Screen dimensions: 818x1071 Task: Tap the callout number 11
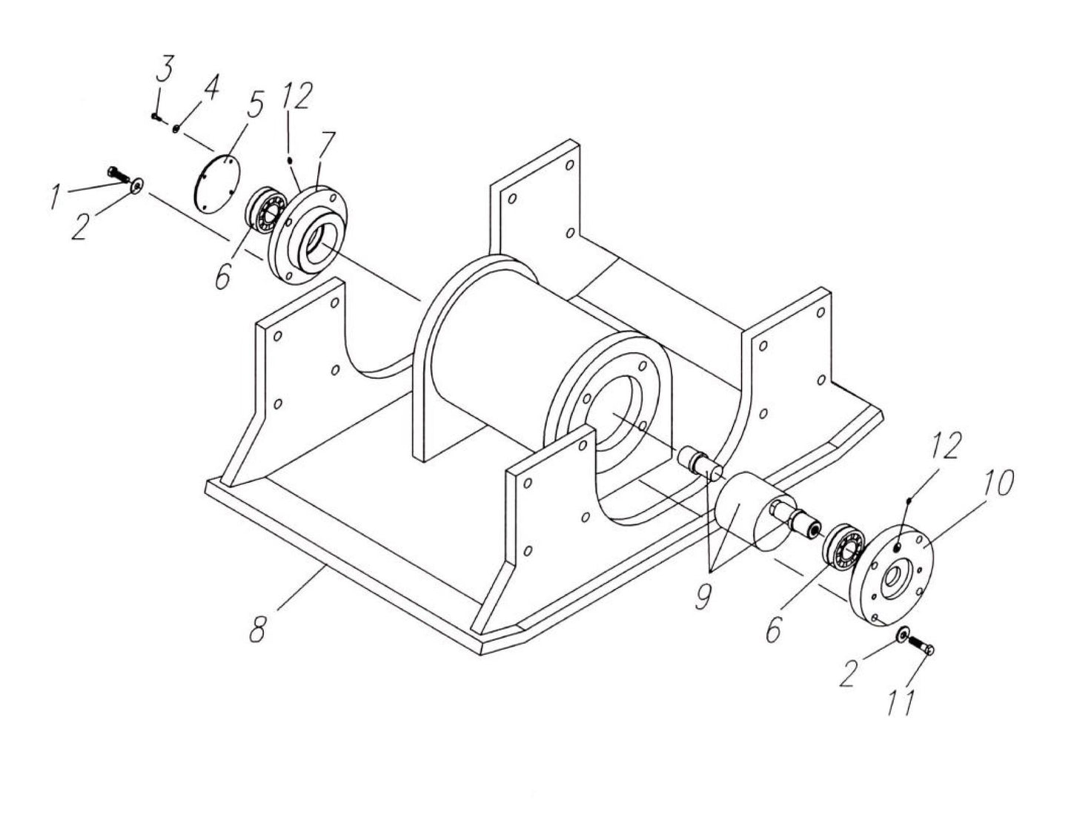click(x=902, y=702)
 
